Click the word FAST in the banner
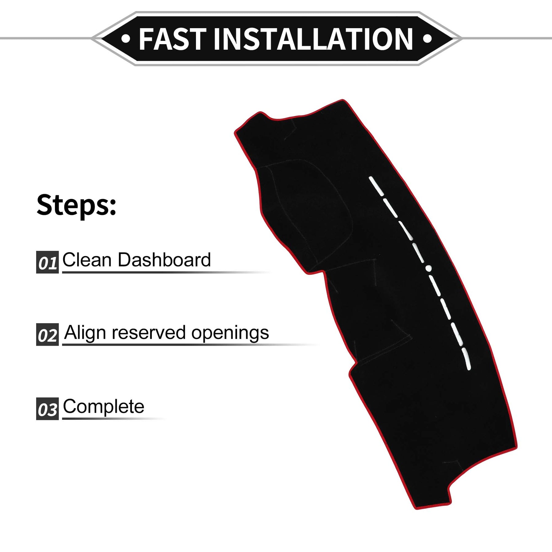172,39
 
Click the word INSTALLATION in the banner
313,39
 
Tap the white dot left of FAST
126,39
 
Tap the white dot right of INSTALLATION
427,39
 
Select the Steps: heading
76,205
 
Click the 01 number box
47,262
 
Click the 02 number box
47,335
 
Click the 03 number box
47,409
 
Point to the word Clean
87,260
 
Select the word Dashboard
164,260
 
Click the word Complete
104,407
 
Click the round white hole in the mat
429,268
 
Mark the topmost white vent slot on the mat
376,186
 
